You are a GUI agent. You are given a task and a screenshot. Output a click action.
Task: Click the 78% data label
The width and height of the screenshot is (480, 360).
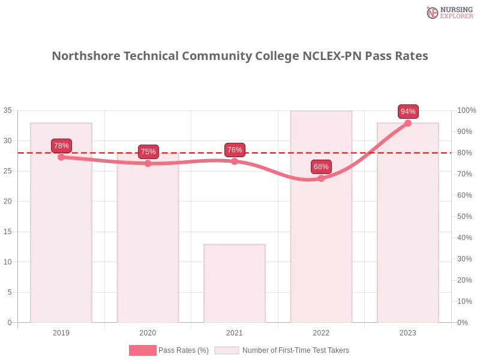(x=61, y=146)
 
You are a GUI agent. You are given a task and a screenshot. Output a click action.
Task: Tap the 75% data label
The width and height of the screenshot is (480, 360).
(x=148, y=152)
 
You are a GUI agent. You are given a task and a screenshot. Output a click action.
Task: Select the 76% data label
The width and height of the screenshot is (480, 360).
(x=235, y=150)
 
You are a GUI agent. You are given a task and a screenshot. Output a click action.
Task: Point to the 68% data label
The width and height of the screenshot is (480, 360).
(x=321, y=167)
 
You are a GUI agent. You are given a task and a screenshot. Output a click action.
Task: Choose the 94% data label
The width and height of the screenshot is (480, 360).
(x=408, y=112)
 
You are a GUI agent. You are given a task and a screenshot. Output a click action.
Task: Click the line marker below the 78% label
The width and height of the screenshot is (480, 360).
(x=61, y=157)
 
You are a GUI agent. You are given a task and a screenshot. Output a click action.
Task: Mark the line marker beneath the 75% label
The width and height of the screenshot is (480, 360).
(x=148, y=163)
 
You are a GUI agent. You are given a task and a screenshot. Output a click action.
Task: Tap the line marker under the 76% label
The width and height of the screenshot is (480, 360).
(x=235, y=161)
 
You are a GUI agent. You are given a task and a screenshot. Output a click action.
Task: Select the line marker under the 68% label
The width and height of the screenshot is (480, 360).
(x=321, y=178)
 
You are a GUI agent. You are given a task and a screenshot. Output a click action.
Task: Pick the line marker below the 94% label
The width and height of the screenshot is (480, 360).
(x=408, y=122)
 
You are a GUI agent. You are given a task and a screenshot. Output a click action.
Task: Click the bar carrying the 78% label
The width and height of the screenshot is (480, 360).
(x=62, y=240)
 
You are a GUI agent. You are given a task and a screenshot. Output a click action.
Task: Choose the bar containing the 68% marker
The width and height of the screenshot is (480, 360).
(x=322, y=252)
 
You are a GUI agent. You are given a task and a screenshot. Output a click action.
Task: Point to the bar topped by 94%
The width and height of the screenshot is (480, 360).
(x=408, y=240)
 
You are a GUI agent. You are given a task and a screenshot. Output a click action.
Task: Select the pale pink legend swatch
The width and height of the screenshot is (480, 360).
(x=227, y=350)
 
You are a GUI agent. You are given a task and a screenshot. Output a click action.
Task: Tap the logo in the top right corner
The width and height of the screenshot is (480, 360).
(x=448, y=12)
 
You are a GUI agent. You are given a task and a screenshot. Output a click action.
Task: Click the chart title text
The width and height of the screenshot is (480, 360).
(x=240, y=56)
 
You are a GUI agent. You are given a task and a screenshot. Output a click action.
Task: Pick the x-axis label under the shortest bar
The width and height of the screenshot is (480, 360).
(x=235, y=331)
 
